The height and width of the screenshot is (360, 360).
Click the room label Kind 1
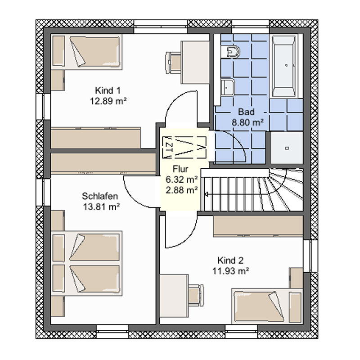pyautogui.click(x=108, y=90)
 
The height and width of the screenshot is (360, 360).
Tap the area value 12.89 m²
pyautogui.click(x=108, y=101)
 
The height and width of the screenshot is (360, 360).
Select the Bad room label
pyautogui.click(x=246, y=112)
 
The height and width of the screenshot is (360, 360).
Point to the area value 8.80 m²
pyautogui.click(x=247, y=122)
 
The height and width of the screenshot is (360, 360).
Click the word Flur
pyautogui.click(x=180, y=169)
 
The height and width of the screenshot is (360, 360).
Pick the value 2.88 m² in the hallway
pyautogui.click(x=182, y=190)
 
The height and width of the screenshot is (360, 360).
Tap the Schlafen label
pyautogui.click(x=100, y=196)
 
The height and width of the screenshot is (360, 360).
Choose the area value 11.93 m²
pyautogui.click(x=231, y=271)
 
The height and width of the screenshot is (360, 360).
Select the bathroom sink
pyautogui.click(x=228, y=87)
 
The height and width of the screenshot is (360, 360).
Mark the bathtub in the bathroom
pyautogui.click(x=284, y=66)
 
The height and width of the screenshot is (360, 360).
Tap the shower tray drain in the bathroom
pyautogui.click(x=287, y=148)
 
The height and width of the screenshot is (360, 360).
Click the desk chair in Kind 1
pyautogui.click(x=173, y=63)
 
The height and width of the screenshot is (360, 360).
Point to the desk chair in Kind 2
pyautogui.click(x=196, y=295)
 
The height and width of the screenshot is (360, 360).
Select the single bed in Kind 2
pyautogui.click(x=267, y=306)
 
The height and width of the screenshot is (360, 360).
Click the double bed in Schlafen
pyautogui.click(x=86, y=263)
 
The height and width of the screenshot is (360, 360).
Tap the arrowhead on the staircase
pyautogui.click(x=206, y=195)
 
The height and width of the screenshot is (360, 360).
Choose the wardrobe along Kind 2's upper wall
pyautogui.click(x=258, y=226)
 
